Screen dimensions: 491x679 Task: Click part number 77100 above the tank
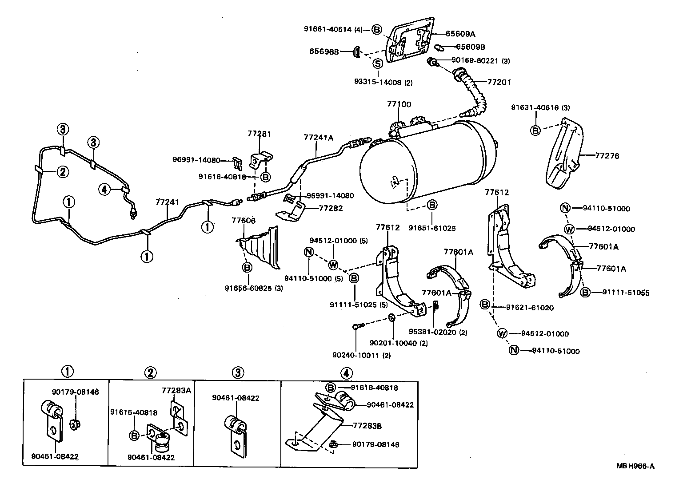[x=399, y=104]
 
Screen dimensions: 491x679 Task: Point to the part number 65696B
[x=324, y=51]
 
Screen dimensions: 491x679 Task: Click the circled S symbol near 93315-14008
[x=377, y=63]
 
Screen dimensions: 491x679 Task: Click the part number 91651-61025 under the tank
[x=432, y=228]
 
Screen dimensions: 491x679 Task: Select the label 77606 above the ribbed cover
[x=244, y=220]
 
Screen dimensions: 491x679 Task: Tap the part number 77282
[x=331, y=208]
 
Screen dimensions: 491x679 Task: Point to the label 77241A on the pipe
[x=318, y=138]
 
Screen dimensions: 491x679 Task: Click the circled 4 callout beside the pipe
[x=104, y=190]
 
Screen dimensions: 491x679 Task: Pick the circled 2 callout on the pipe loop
[x=62, y=172]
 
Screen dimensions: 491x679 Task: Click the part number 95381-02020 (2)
[x=438, y=332]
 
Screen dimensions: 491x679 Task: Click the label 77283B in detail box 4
[x=367, y=425]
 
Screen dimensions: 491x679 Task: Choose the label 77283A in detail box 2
[x=176, y=391]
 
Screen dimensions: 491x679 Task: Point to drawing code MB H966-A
[x=635, y=466]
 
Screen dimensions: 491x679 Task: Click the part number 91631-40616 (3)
[x=540, y=107]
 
